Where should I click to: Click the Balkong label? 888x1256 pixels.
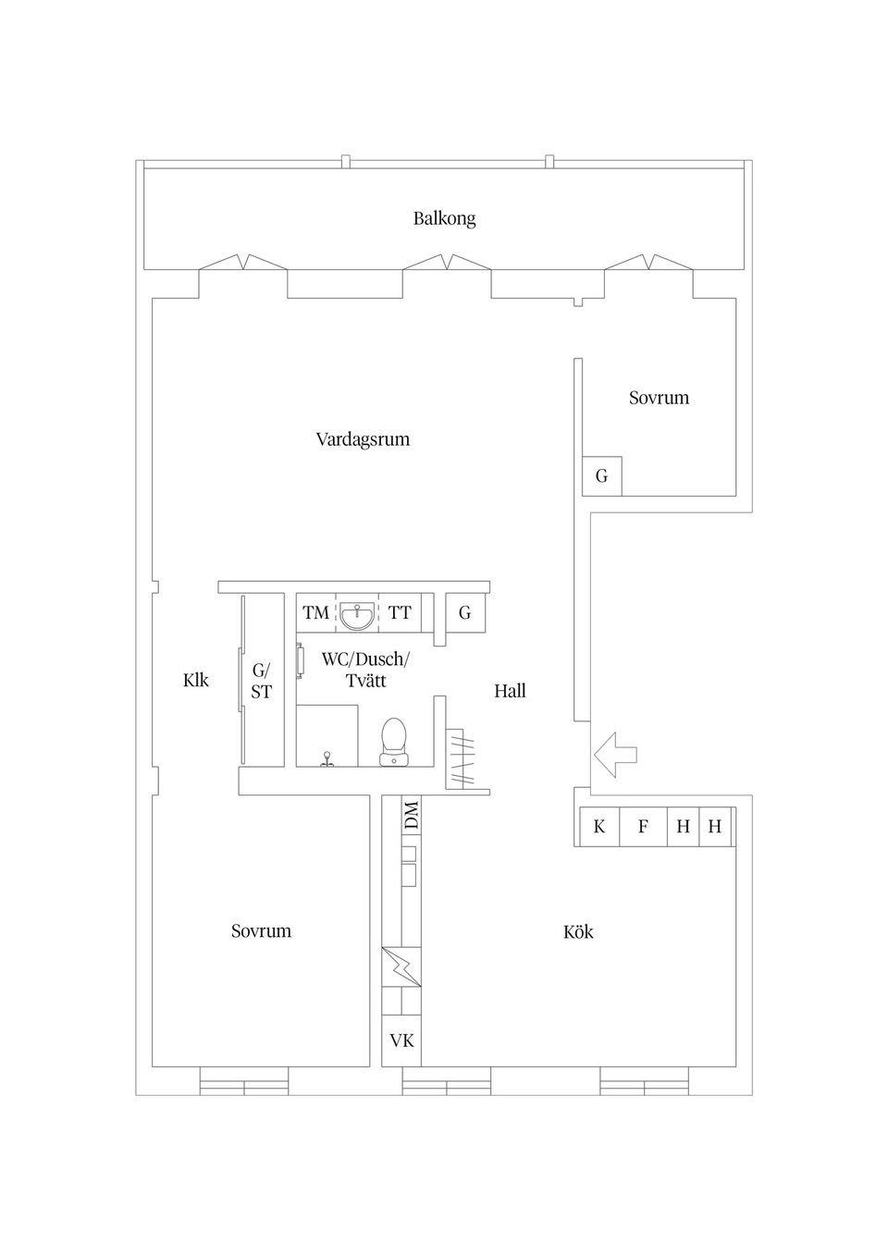point(445,218)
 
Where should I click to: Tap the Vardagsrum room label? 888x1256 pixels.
point(363,439)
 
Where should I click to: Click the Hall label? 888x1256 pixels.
point(510,691)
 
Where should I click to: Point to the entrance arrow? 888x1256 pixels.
point(615,754)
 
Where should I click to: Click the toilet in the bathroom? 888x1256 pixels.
point(393,742)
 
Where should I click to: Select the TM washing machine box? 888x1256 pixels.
point(315,612)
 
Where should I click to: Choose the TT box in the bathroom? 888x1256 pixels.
point(401,612)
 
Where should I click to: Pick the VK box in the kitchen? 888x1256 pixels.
point(402,1041)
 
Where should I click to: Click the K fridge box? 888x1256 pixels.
point(599,826)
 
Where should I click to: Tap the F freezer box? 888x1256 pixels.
point(643,826)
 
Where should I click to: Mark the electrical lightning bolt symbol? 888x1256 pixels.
point(401,967)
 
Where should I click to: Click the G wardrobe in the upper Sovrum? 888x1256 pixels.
point(602,476)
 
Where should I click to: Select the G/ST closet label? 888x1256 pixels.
point(261,681)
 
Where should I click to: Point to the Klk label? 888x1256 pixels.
point(196,680)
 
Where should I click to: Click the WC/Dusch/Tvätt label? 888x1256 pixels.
point(366,670)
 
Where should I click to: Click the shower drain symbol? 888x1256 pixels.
point(327,758)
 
